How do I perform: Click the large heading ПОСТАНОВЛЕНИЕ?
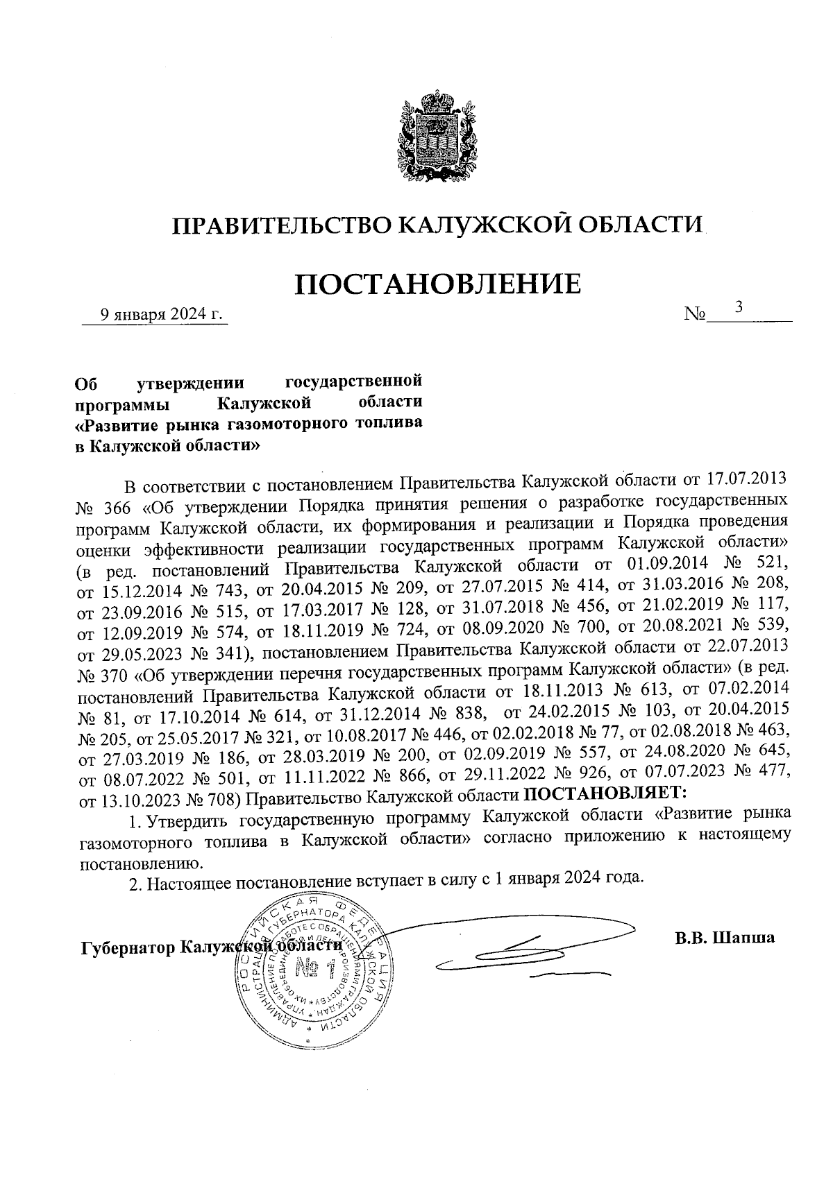tap(438, 285)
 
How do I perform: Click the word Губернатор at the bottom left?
tap(127, 948)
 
